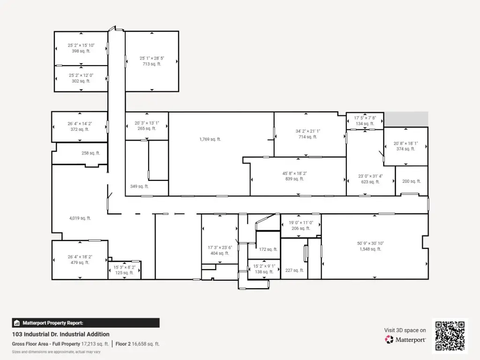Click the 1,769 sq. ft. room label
point(210,139)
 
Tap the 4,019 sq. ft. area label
point(80,218)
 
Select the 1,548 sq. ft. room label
point(370,249)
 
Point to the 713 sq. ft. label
point(152,64)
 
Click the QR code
point(450,336)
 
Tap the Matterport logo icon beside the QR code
point(389,339)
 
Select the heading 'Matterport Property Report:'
point(52,323)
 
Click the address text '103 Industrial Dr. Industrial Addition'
point(60,334)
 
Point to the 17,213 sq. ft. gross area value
point(95,344)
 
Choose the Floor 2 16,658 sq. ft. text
point(137,344)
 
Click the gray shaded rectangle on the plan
point(406,119)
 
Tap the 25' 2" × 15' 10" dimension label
point(81,45)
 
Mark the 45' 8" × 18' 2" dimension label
point(294,173)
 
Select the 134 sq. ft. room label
point(365,124)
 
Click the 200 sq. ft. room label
point(412,181)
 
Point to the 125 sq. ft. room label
point(124,273)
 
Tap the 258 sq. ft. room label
point(90,153)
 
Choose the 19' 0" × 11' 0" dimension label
point(301,223)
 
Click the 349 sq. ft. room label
point(139,186)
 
